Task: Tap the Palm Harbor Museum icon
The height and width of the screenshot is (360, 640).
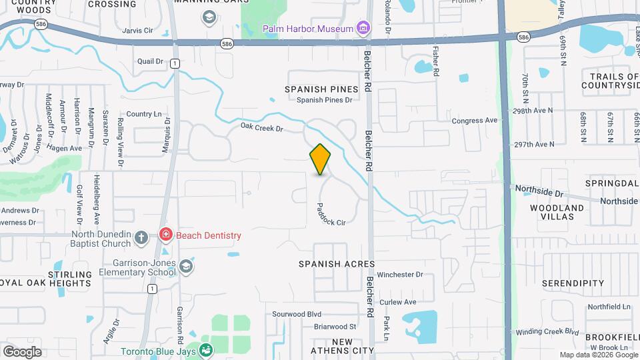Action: [363, 28]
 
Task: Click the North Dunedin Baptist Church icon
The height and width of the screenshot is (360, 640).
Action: [141, 237]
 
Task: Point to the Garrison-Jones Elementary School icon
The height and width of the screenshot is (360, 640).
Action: [186, 267]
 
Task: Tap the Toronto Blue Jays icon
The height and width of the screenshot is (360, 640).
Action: [206, 350]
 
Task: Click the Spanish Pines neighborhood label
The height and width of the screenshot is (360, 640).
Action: [321, 89]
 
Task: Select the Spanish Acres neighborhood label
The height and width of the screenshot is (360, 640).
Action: [337, 264]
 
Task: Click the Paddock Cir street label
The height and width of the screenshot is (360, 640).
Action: [331, 214]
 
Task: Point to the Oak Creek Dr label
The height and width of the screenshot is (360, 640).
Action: [262, 126]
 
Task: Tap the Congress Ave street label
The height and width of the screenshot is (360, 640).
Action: [475, 121]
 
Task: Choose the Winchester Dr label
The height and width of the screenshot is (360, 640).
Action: [400, 274]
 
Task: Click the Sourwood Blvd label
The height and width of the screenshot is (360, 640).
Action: [297, 314]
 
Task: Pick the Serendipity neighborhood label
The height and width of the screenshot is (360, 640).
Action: [573, 283]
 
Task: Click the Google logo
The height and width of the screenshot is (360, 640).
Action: [22, 351]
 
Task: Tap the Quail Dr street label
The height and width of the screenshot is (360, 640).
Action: [150, 61]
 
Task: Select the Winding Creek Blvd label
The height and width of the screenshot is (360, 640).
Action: [547, 331]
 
